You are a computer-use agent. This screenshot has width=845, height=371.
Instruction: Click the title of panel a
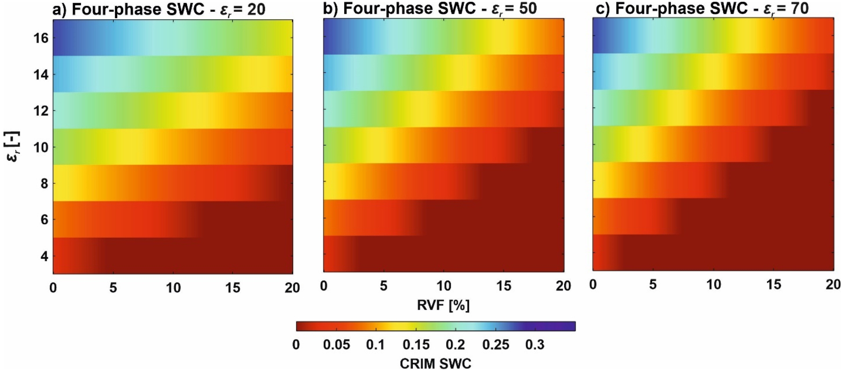[159, 9]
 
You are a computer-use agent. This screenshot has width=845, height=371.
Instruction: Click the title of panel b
[430, 9]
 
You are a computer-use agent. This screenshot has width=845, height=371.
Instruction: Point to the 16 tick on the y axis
[41, 38]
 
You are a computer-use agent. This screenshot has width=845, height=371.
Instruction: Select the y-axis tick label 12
[41, 111]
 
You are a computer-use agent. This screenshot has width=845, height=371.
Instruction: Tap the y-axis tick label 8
[44, 183]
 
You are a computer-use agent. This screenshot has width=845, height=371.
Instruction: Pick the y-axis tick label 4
[44, 256]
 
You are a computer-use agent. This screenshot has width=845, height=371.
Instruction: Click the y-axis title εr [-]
[13, 146]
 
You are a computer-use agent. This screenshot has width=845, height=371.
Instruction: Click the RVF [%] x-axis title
[443, 305]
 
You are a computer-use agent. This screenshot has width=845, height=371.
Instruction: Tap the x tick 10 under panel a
[173, 288]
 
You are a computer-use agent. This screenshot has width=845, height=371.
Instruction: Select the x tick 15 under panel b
[503, 286]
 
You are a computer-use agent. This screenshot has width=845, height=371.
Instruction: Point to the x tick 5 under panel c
[653, 285]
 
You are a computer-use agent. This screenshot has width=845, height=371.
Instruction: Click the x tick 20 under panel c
[833, 285]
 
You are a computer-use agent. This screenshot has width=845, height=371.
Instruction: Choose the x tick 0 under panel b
[324, 286]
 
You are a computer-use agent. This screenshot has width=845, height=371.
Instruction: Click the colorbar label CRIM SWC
[435, 364]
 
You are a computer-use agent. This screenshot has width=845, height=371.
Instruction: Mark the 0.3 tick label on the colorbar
[535, 345]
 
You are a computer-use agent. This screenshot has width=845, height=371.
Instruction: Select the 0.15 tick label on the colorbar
[416, 345]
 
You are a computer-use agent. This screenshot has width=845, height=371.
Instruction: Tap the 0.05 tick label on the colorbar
[336, 345]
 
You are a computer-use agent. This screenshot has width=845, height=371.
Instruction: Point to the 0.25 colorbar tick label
[496, 345]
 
